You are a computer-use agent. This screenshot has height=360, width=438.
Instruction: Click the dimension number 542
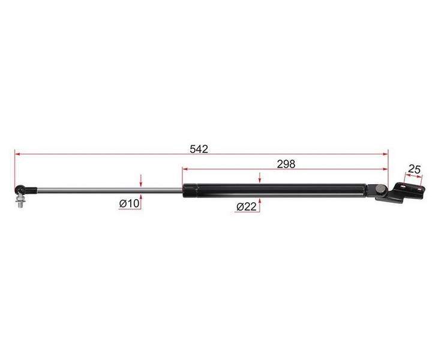pyautogui.click(x=199, y=149)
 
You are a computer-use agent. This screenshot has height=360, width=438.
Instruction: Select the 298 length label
pyautogui.click(x=286, y=164)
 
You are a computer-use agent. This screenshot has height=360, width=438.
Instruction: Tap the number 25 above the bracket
pyautogui.click(x=414, y=169)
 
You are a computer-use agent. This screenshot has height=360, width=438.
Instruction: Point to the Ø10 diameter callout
pyautogui.click(x=129, y=204)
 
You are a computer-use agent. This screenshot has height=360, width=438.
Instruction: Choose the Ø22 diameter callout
pyautogui.click(x=247, y=207)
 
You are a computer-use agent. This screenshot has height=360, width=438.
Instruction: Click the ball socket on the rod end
pyautogui.click(x=20, y=190)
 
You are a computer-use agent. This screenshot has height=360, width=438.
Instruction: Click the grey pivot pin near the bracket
pyautogui.click(x=380, y=189)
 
